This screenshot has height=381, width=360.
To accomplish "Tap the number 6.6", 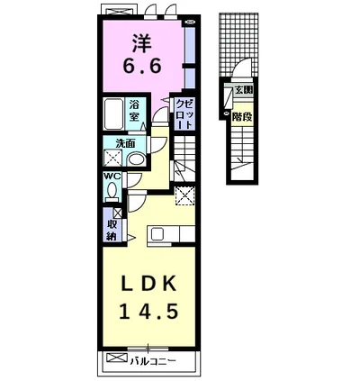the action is click(x=142, y=66).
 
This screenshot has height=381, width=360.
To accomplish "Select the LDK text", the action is click(x=148, y=283).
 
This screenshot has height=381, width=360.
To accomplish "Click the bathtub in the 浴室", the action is click(x=113, y=113).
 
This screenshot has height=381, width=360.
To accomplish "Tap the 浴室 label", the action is click(x=134, y=111).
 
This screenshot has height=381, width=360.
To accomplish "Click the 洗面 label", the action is click(x=126, y=143).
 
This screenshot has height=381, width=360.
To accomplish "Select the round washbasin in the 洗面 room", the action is click(x=136, y=159).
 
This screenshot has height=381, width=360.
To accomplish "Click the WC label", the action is click(x=112, y=176).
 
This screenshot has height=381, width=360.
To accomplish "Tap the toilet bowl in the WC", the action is click(x=112, y=192).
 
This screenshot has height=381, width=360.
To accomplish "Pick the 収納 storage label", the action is click(x=112, y=231).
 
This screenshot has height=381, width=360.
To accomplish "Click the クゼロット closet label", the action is click(x=184, y=114).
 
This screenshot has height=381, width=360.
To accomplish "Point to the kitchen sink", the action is click(x=157, y=234).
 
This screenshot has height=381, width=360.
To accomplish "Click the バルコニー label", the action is click(x=152, y=361).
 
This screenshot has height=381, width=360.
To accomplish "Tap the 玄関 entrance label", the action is click(x=243, y=90).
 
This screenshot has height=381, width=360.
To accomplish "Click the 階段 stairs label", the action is click(x=241, y=116).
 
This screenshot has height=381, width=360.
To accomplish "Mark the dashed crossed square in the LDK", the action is click(x=184, y=195).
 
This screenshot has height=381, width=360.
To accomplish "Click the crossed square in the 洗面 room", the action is click(x=113, y=158).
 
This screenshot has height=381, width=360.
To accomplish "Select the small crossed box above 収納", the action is click(x=117, y=213).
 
